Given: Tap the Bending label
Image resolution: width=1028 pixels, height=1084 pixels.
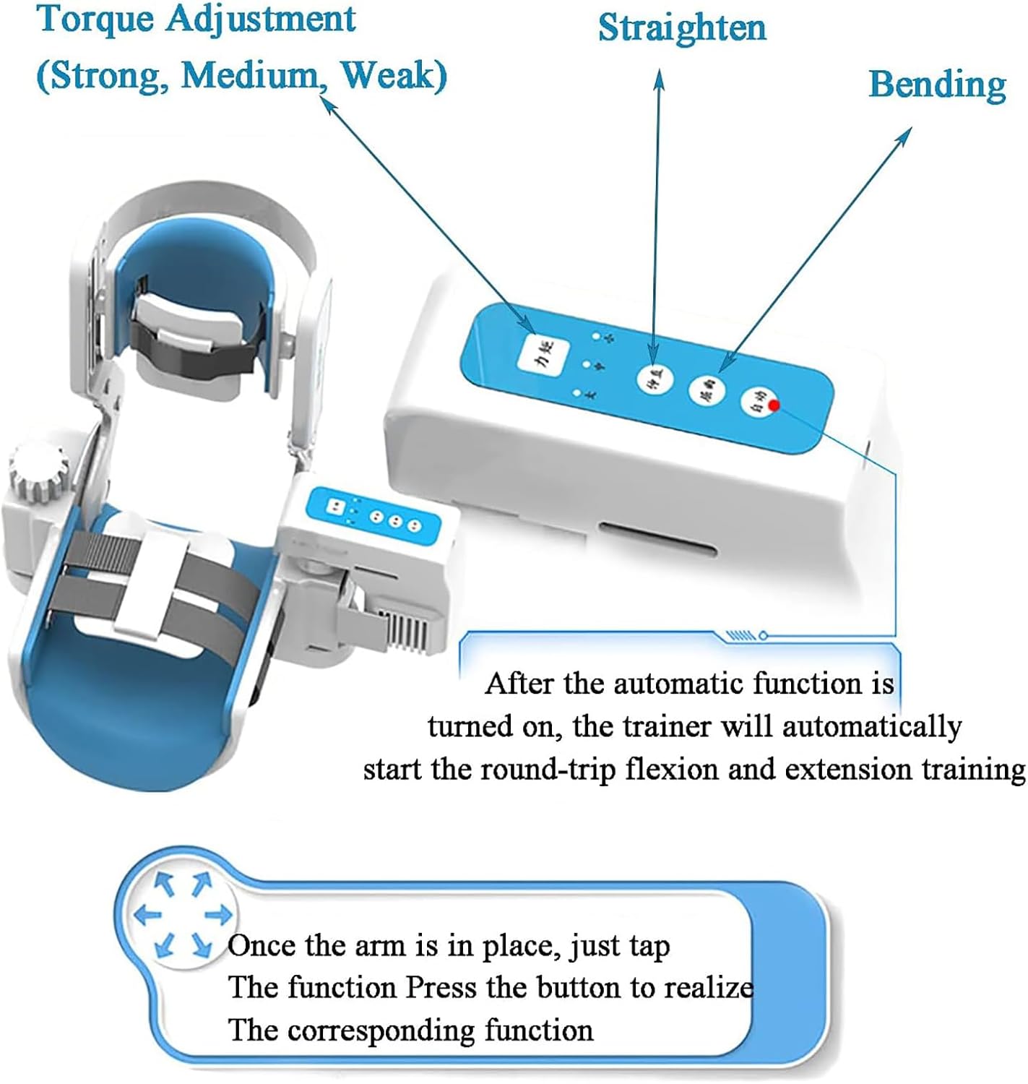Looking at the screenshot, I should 937,85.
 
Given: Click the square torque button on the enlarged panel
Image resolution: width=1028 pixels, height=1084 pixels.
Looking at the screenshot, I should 543,355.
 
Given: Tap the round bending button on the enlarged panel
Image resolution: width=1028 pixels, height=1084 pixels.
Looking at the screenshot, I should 706,391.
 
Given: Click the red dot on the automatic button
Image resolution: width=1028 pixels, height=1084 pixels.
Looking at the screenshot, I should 774,405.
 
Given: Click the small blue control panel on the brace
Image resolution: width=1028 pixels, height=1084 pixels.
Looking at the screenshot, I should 373,516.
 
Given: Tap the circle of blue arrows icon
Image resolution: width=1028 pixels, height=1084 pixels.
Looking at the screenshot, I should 184,913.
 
